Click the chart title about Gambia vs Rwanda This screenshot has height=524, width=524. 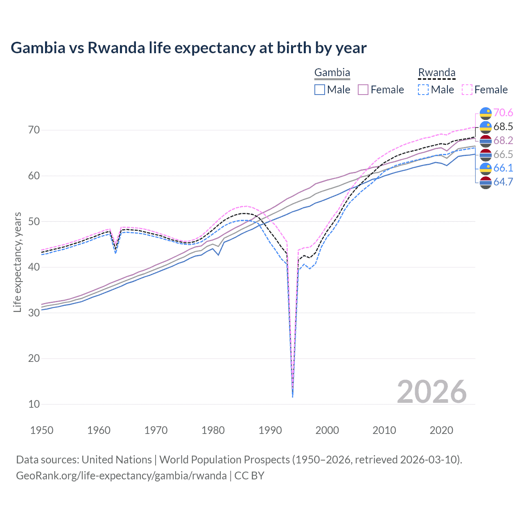point(188,48)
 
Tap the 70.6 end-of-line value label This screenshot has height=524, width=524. point(503,113)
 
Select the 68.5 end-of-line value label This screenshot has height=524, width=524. point(503,126)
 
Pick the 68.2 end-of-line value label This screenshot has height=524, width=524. point(503,140)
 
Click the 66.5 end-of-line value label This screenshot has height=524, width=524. point(503,154)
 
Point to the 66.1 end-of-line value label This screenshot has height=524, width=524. point(503,168)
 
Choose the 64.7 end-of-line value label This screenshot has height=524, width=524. point(503,182)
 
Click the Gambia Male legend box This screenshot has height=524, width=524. point(320,90)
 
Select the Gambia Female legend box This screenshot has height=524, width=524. point(363,90)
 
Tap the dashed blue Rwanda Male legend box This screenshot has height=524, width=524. point(423,90)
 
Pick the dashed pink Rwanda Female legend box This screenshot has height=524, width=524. point(467,90)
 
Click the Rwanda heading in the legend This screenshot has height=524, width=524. point(436,73)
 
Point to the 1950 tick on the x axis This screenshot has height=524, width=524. point(42,430)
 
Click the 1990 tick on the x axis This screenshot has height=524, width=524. point(270,430)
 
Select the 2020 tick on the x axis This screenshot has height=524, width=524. point(441,430)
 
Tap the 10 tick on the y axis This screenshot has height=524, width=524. point(34,404)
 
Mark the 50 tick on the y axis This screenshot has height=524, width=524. point(34,221)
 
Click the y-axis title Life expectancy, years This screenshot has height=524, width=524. point(18,262)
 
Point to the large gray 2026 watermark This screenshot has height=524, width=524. point(431,392)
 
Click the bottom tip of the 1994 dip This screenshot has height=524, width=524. point(292,397)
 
